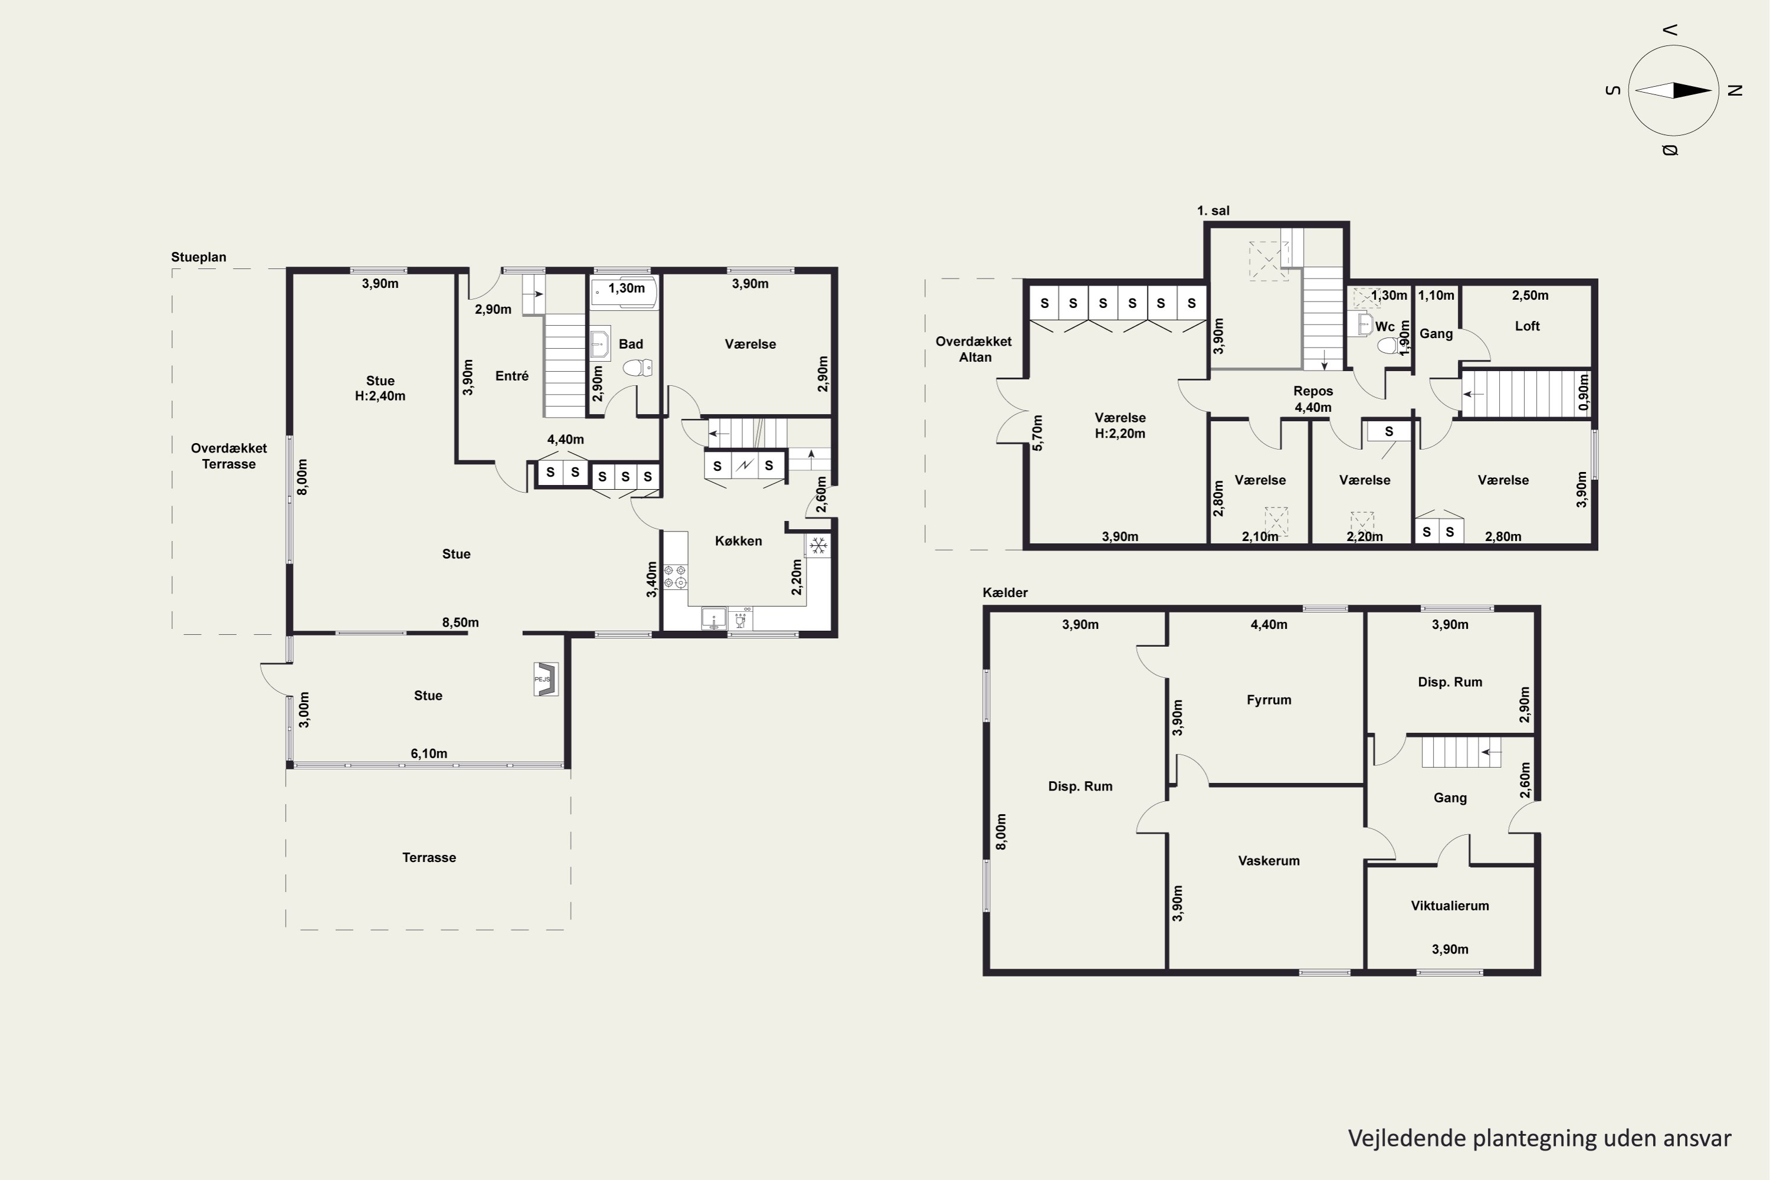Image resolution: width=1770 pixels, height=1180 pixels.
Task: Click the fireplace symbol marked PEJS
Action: pos(546,680)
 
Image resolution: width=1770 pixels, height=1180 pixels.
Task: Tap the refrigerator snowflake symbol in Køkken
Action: pos(818,545)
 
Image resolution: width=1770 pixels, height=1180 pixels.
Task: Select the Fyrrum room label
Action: pos(1269,700)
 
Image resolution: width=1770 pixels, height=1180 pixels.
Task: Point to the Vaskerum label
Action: pos(1269,861)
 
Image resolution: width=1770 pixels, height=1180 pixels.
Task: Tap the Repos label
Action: pos(1313,391)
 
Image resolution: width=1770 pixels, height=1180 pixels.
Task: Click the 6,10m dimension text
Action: pos(429,753)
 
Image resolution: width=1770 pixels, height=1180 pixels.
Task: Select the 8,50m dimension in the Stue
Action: pos(461,622)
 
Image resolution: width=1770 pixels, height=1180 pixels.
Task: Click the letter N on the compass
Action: pos(1735,90)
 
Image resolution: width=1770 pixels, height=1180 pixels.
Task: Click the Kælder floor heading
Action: pos(1005,593)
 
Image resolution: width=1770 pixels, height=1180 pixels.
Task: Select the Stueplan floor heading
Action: pos(199,257)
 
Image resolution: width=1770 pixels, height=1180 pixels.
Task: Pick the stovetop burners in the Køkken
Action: pos(675,576)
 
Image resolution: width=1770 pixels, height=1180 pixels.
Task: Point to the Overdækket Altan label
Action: pos(974,349)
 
